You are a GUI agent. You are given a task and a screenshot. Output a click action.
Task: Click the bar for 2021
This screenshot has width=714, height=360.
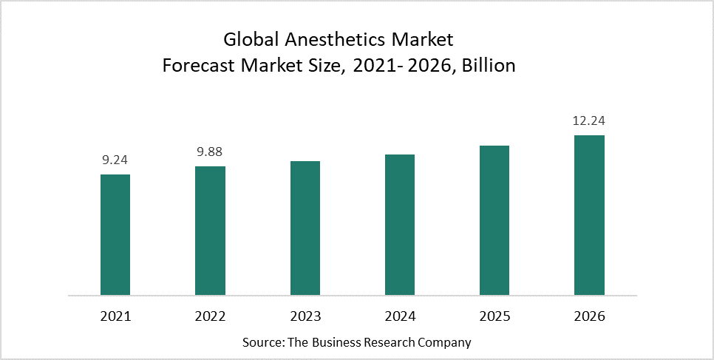pyautogui.click(x=115, y=235)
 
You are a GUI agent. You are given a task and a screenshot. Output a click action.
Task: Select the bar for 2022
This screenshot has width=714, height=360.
pyautogui.click(x=210, y=231)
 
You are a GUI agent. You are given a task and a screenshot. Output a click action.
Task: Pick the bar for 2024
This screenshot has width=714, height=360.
pyautogui.click(x=400, y=225)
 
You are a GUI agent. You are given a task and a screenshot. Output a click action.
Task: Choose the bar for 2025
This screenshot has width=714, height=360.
pyautogui.click(x=494, y=220)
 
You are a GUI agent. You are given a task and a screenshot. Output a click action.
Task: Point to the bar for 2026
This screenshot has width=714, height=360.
pyautogui.click(x=589, y=215)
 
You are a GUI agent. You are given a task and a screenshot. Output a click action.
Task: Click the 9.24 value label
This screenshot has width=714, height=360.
pyautogui.click(x=115, y=160)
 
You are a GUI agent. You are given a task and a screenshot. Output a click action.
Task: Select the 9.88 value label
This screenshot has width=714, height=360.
pyautogui.click(x=210, y=152)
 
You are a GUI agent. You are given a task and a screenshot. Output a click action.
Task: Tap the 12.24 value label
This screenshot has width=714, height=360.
pyautogui.click(x=589, y=121)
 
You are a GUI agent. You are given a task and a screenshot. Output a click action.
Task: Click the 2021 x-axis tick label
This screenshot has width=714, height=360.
pyautogui.click(x=115, y=316)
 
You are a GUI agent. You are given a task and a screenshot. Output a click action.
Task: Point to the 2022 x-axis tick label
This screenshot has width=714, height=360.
pyautogui.click(x=210, y=316)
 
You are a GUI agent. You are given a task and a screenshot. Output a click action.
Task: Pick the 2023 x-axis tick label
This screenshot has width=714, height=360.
pyautogui.click(x=305, y=316)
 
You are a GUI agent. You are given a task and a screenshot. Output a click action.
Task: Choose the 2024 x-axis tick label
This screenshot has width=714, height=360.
pyautogui.click(x=400, y=316)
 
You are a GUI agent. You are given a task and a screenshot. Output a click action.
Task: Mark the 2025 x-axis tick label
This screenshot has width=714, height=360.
pyautogui.click(x=494, y=316)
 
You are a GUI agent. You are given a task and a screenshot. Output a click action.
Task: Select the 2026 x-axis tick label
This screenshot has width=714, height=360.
pyautogui.click(x=589, y=316)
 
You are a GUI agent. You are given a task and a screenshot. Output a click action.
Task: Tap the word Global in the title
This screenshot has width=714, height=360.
pyautogui.click(x=253, y=40)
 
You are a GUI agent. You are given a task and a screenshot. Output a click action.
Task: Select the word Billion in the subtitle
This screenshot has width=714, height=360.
pyautogui.click(x=489, y=66)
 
